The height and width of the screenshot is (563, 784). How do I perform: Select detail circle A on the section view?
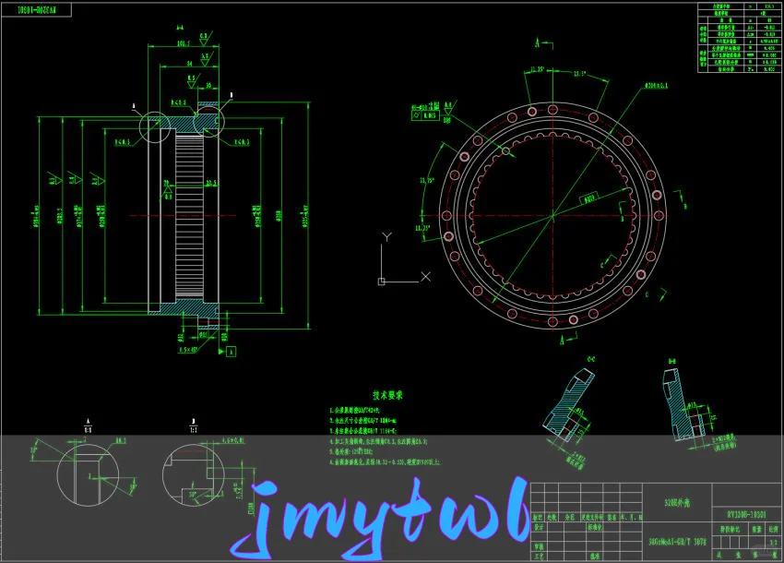(x=154, y=127)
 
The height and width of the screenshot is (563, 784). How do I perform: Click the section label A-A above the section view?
(x=179, y=29)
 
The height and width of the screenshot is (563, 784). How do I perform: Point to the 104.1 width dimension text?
(x=183, y=43)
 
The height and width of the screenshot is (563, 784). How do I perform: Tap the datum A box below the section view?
(x=231, y=352)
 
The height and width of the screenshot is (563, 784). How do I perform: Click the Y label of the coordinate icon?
(x=387, y=237)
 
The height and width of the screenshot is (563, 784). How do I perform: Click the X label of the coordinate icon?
(x=425, y=276)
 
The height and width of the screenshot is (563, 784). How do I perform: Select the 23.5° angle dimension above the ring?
(x=579, y=74)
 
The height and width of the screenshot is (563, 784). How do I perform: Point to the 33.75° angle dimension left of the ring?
(x=427, y=181)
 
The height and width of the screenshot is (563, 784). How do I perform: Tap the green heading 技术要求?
(x=388, y=394)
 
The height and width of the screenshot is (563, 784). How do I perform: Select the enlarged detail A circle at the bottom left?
(x=89, y=473)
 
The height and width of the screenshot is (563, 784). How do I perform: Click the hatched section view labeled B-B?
(x=683, y=407)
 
